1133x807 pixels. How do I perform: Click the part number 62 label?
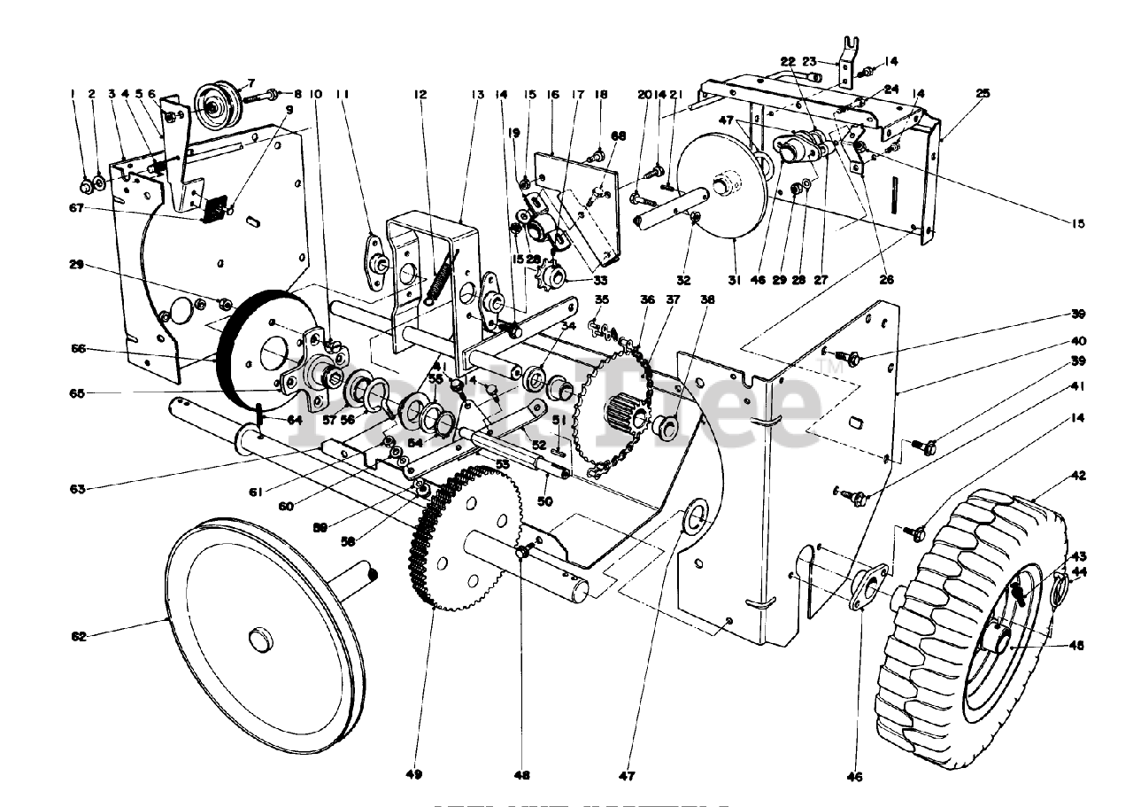pyautogui.click(x=80, y=636)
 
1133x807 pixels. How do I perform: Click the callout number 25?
pyautogui.click(x=983, y=93)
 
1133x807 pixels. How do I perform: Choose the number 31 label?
pyautogui.click(x=732, y=280)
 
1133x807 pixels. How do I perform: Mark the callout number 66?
pyautogui.click(x=79, y=350)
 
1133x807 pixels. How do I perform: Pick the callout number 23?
pyautogui.click(x=809, y=62)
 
